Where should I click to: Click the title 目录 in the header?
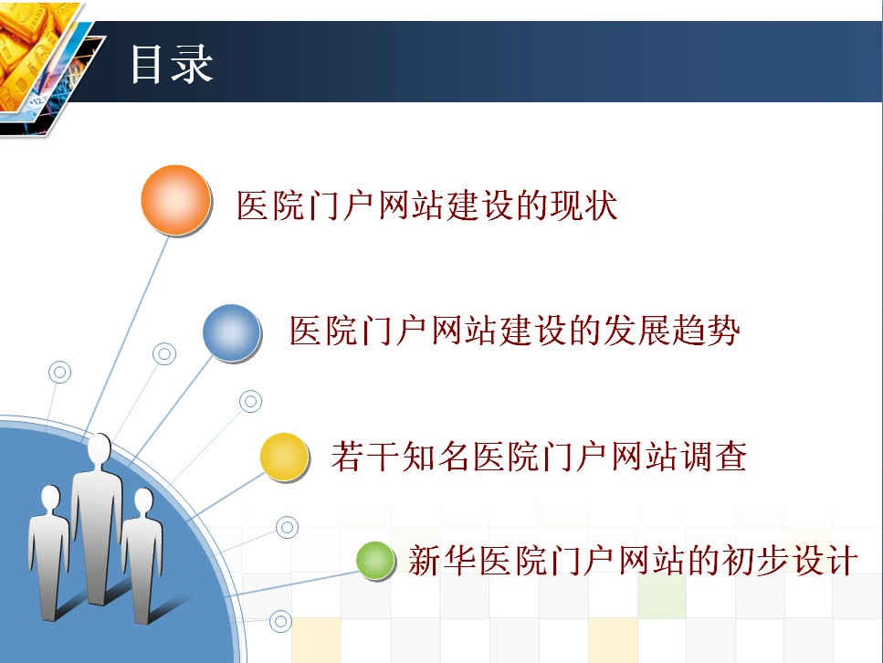point(172,64)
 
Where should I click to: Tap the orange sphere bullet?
point(175,200)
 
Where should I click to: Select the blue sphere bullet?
point(231,333)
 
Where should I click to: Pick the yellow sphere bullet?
point(284,457)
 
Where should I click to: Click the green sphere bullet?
point(375,560)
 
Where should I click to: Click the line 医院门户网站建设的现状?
point(426,205)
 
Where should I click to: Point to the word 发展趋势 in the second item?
point(671,330)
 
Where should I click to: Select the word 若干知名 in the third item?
point(400,457)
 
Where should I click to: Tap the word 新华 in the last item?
point(443,561)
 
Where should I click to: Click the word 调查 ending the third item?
point(713,457)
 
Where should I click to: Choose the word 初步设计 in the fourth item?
point(790,561)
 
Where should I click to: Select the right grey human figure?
point(142,555)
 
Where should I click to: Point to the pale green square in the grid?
point(662,595)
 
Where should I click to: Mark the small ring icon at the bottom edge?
point(280,622)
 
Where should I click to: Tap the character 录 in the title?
point(192,64)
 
